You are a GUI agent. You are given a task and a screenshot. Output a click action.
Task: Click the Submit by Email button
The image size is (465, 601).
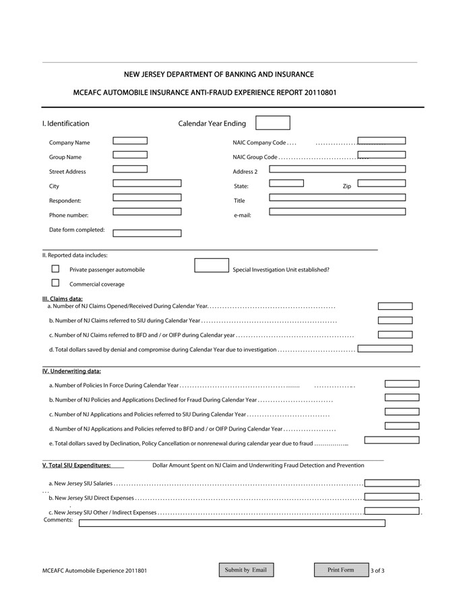[245, 570]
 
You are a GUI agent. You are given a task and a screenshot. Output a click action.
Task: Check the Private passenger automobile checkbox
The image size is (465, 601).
[56, 269]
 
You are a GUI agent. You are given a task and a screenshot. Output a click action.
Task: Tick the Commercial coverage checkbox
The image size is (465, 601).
[56, 283]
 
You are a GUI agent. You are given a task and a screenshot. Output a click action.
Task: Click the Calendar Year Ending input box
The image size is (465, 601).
[273, 123]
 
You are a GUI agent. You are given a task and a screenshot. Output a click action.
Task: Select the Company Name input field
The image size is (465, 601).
[130, 141]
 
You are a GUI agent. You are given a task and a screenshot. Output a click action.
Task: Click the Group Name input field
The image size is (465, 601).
[130, 155]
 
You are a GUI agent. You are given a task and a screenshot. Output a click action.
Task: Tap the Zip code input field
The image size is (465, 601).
[381, 183]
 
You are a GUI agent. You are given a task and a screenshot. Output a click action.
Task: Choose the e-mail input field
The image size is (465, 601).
[337, 212]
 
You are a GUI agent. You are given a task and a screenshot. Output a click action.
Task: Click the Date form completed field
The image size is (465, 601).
[147, 233]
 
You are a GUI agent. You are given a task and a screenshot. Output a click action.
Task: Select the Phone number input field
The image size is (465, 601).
[147, 212]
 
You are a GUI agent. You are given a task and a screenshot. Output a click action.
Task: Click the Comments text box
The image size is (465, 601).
[232, 523]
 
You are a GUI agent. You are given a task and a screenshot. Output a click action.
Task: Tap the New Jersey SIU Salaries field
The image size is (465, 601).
[392, 483]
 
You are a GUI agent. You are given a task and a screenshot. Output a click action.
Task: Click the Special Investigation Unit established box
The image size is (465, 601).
[211, 265]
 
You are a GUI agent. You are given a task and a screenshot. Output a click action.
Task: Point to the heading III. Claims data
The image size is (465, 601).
[63, 298]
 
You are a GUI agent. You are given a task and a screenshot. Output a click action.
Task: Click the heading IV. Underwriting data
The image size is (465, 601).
[71, 371]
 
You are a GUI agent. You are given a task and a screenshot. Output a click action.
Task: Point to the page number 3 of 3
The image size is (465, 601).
[378, 571]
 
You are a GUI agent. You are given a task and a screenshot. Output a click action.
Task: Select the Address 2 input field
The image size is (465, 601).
[337, 169]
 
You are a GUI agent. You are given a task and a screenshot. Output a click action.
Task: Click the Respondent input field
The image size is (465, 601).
[147, 197]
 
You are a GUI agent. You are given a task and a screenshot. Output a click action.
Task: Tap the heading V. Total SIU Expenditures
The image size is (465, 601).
[76, 465]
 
